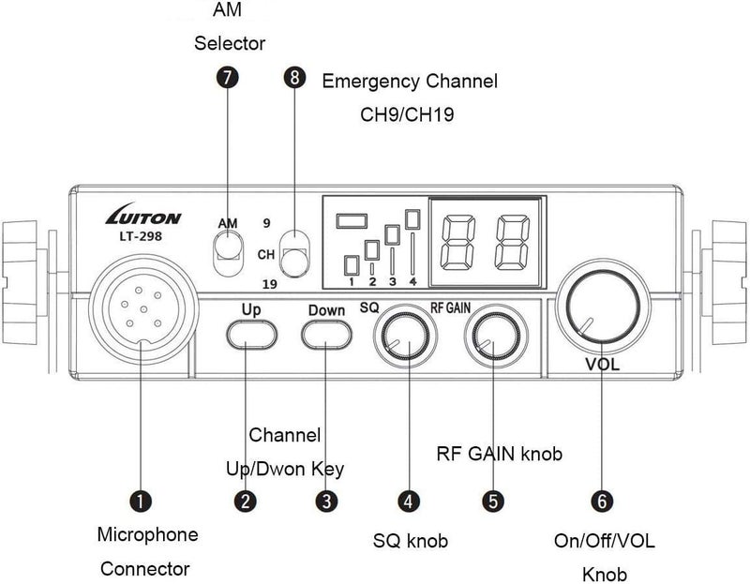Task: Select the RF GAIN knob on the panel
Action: click(496, 337)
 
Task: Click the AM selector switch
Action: click(227, 248)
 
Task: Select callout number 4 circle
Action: click(409, 502)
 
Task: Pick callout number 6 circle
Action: click(602, 502)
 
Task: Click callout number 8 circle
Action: click(295, 80)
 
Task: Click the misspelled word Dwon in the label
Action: click(287, 469)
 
